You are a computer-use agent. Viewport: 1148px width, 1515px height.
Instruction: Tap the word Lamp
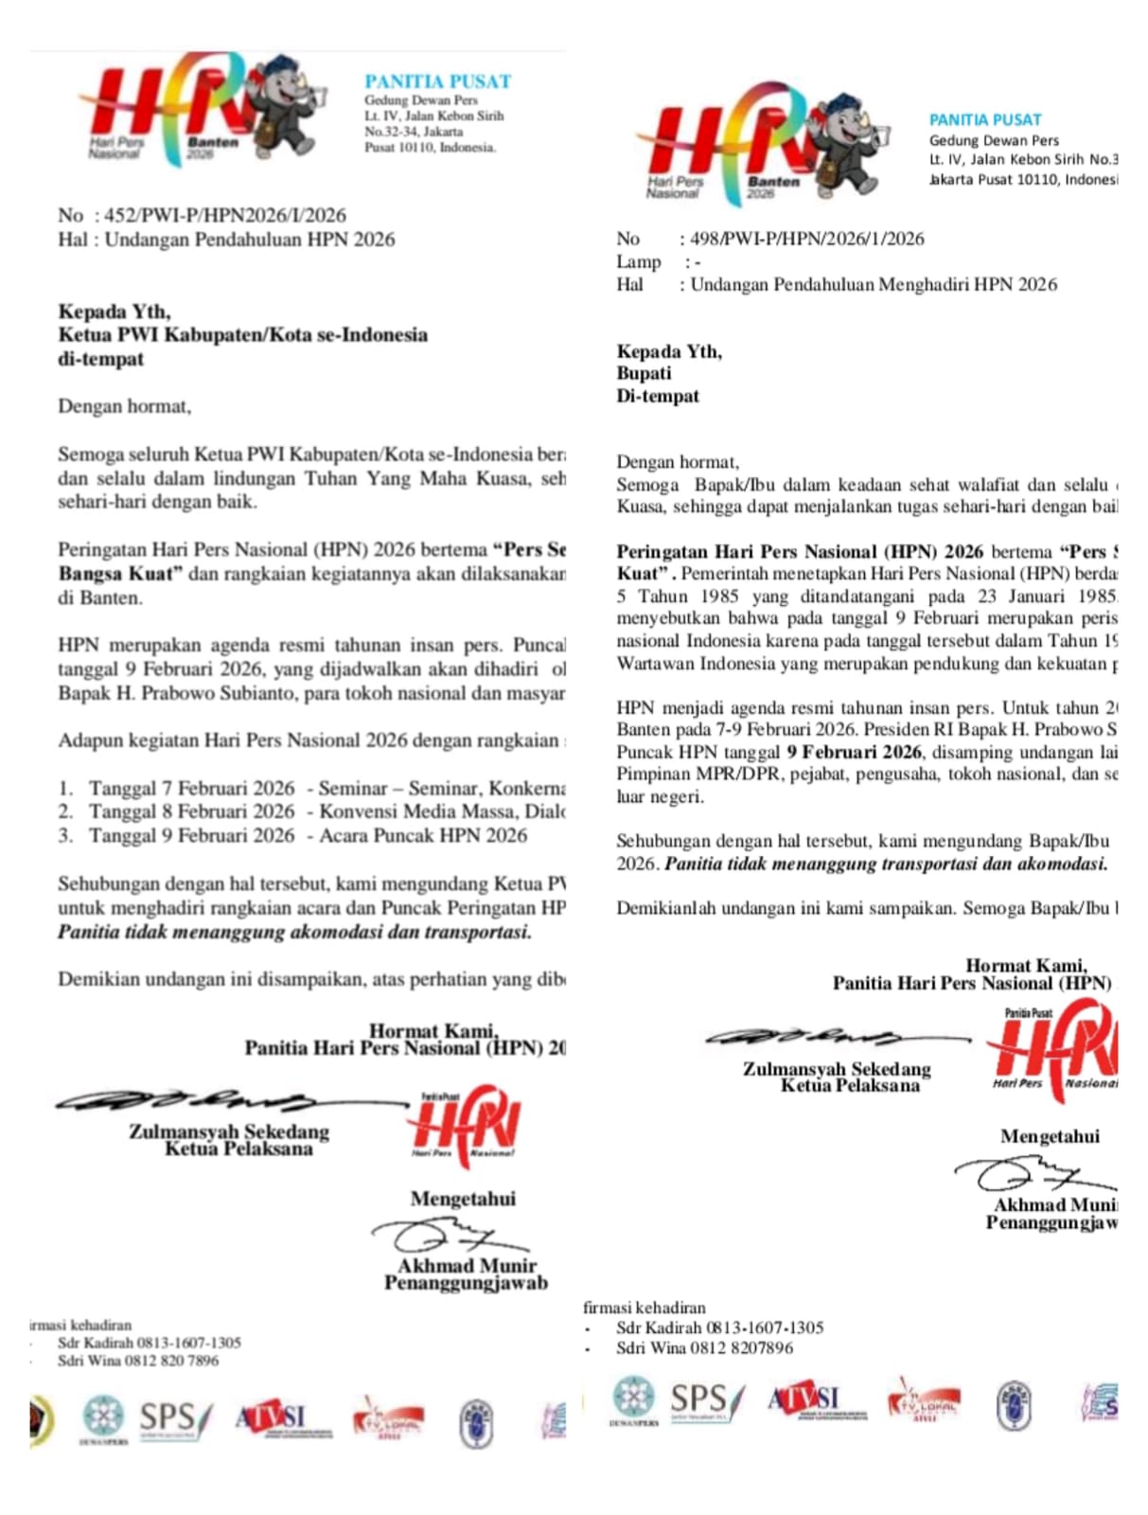pyautogui.click(x=639, y=261)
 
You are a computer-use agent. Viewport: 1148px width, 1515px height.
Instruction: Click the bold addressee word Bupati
pyautogui.click(x=644, y=373)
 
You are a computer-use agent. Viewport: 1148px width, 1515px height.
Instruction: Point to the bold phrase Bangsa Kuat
pyautogui.click(x=115, y=574)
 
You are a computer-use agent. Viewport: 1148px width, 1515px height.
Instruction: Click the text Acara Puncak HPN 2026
pyautogui.click(x=423, y=835)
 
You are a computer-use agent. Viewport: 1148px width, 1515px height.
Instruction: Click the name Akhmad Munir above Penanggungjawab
pyautogui.click(x=467, y=1266)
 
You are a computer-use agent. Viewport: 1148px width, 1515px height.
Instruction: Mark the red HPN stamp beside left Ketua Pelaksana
pyautogui.click(x=464, y=1124)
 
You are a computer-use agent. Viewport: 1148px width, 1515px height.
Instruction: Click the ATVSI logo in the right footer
pyautogui.click(x=804, y=1399)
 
